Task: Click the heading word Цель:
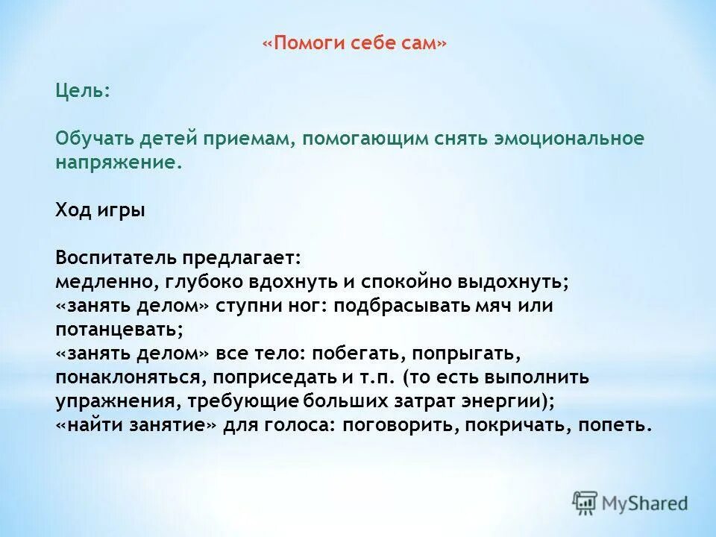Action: [83, 91]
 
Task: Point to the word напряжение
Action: [116, 163]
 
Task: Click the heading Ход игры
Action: [100, 210]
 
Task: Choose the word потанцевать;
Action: [119, 330]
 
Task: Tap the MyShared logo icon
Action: [585, 503]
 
